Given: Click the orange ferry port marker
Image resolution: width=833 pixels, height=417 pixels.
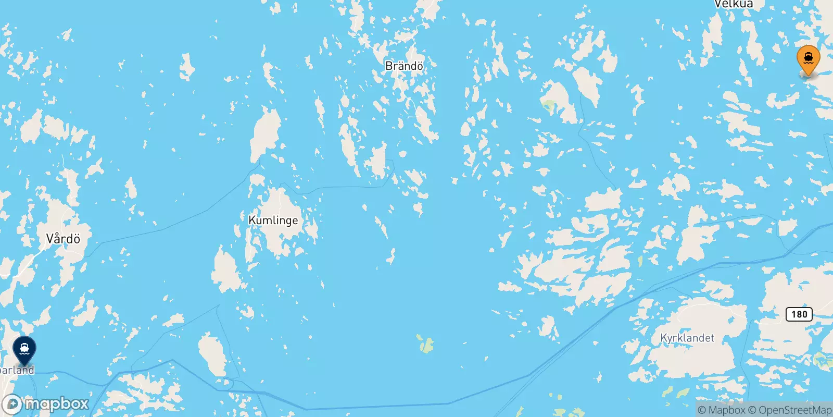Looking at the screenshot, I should pyautogui.click(x=808, y=60).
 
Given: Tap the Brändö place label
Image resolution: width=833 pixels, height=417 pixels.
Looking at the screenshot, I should pyautogui.click(x=404, y=66).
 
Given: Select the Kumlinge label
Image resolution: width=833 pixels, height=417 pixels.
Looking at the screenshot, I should pyautogui.click(x=273, y=220).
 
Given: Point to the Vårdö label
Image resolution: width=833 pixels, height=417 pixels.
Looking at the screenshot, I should pyautogui.click(x=63, y=239).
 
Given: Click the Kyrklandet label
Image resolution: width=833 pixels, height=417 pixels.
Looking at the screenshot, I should pyautogui.click(x=687, y=338).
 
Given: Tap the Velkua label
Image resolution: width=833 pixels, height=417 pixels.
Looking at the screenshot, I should pyautogui.click(x=734, y=4).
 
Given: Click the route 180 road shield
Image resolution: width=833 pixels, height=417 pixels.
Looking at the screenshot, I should pyautogui.click(x=799, y=314).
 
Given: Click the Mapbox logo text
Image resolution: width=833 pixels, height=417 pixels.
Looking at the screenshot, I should pyautogui.click(x=57, y=403).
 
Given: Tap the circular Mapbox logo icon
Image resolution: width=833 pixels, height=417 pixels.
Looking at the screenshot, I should pyautogui.click(x=12, y=404).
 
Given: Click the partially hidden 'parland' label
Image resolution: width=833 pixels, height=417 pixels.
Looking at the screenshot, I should pyautogui.click(x=17, y=370).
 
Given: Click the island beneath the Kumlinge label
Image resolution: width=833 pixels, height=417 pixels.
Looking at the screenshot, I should pyautogui.click(x=276, y=240).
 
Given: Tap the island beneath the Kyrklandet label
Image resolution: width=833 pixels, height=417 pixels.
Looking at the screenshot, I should pyautogui.click(x=687, y=360).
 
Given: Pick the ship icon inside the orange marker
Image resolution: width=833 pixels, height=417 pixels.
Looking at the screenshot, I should pyautogui.click(x=808, y=57).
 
